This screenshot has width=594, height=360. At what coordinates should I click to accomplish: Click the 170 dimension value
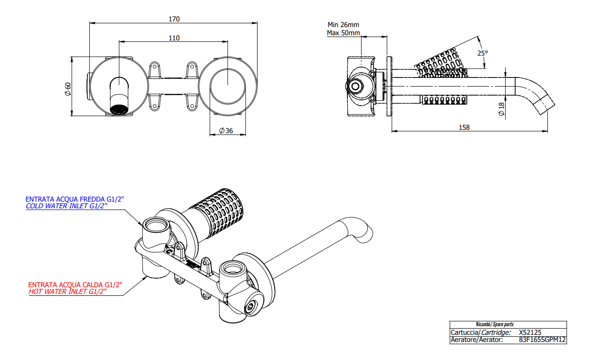pyautogui.click(x=174, y=19)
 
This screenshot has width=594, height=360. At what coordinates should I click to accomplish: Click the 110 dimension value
pyautogui.click(x=174, y=38)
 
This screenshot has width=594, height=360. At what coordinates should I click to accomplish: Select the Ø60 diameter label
pyautogui.click(x=68, y=89)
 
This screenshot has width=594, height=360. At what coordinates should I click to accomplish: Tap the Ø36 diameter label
pyautogui.click(x=226, y=130)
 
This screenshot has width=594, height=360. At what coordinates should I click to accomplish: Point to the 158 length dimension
pyautogui.click(x=464, y=127)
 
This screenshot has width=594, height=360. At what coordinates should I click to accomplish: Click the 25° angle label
pyautogui.click(x=483, y=53)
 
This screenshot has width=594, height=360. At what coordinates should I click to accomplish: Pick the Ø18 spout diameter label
pyautogui.click(x=501, y=109)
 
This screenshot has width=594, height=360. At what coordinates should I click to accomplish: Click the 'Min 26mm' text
pyautogui.click(x=343, y=25)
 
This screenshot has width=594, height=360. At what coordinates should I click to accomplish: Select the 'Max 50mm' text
pyautogui.click(x=343, y=33)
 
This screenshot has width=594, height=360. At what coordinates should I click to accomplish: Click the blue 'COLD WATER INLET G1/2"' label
pyautogui.click(x=67, y=206)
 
